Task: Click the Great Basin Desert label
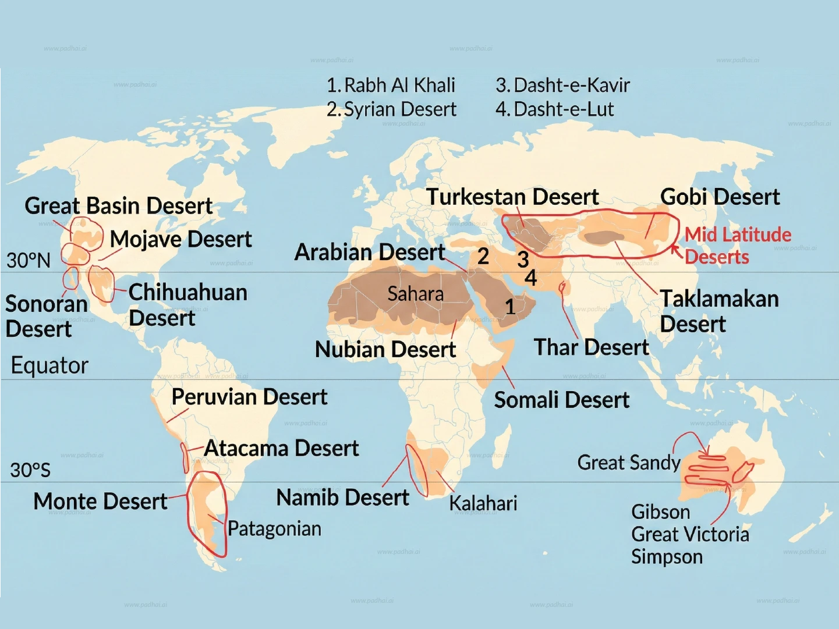[x=118, y=206]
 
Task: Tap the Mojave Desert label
[x=180, y=239]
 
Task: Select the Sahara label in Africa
[x=415, y=294]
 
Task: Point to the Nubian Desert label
[x=385, y=350]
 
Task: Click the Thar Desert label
[x=591, y=347]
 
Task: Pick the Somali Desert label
[x=561, y=400]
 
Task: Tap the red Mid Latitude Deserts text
[x=737, y=246]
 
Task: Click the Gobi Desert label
[x=720, y=197]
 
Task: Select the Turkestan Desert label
[x=512, y=197]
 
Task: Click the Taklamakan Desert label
[x=718, y=311]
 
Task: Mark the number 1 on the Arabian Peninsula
[x=510, y=307]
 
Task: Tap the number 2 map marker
[x=483, y=256]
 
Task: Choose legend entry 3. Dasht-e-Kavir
[x=562, y=86]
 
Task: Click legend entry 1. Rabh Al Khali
[x=391, y=86]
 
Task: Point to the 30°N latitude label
[x=29, y=260]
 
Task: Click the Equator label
[x=49, y=365]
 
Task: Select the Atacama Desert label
[x=281, y=449]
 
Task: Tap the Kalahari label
[x=483, y=503]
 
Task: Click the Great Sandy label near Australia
[x=628, y=463]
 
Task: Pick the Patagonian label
[x=274, y=529]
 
